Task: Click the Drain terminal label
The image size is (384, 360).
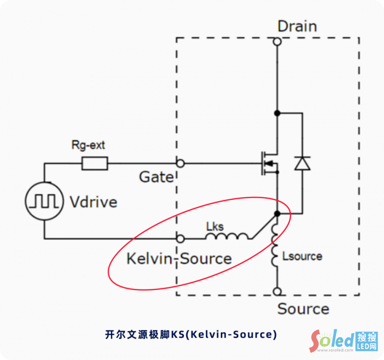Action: [297, 26]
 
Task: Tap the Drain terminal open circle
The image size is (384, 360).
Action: [277, 42]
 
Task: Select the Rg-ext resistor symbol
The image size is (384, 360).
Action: [95, 164]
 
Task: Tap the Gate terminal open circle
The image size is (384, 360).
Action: [180, 163]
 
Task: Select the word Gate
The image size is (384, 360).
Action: [156, 177]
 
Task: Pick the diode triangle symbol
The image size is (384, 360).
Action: [302, 164]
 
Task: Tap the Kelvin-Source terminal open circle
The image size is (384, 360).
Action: [180, 238]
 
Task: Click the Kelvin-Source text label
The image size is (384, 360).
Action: [179, 259]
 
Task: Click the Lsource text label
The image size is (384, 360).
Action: [302, 256]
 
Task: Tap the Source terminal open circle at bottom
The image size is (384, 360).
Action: [277, 291]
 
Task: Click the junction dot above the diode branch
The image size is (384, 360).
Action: [277, 113]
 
